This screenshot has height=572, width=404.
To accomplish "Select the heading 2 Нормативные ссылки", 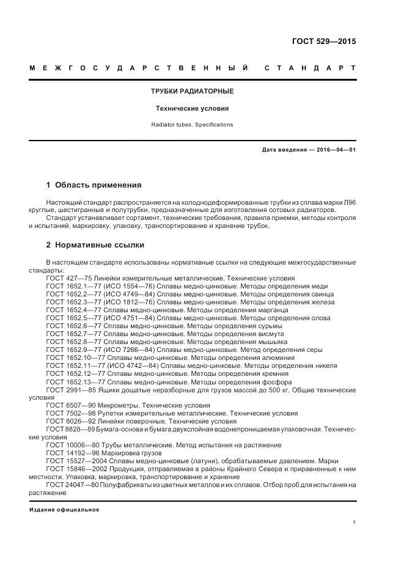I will (x=95, y=245).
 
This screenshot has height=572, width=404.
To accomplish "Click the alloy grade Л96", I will (x=349, y=201).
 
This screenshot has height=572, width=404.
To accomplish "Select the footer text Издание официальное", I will (x=64, y=510).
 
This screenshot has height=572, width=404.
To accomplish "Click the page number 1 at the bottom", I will (x=354, y=522).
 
